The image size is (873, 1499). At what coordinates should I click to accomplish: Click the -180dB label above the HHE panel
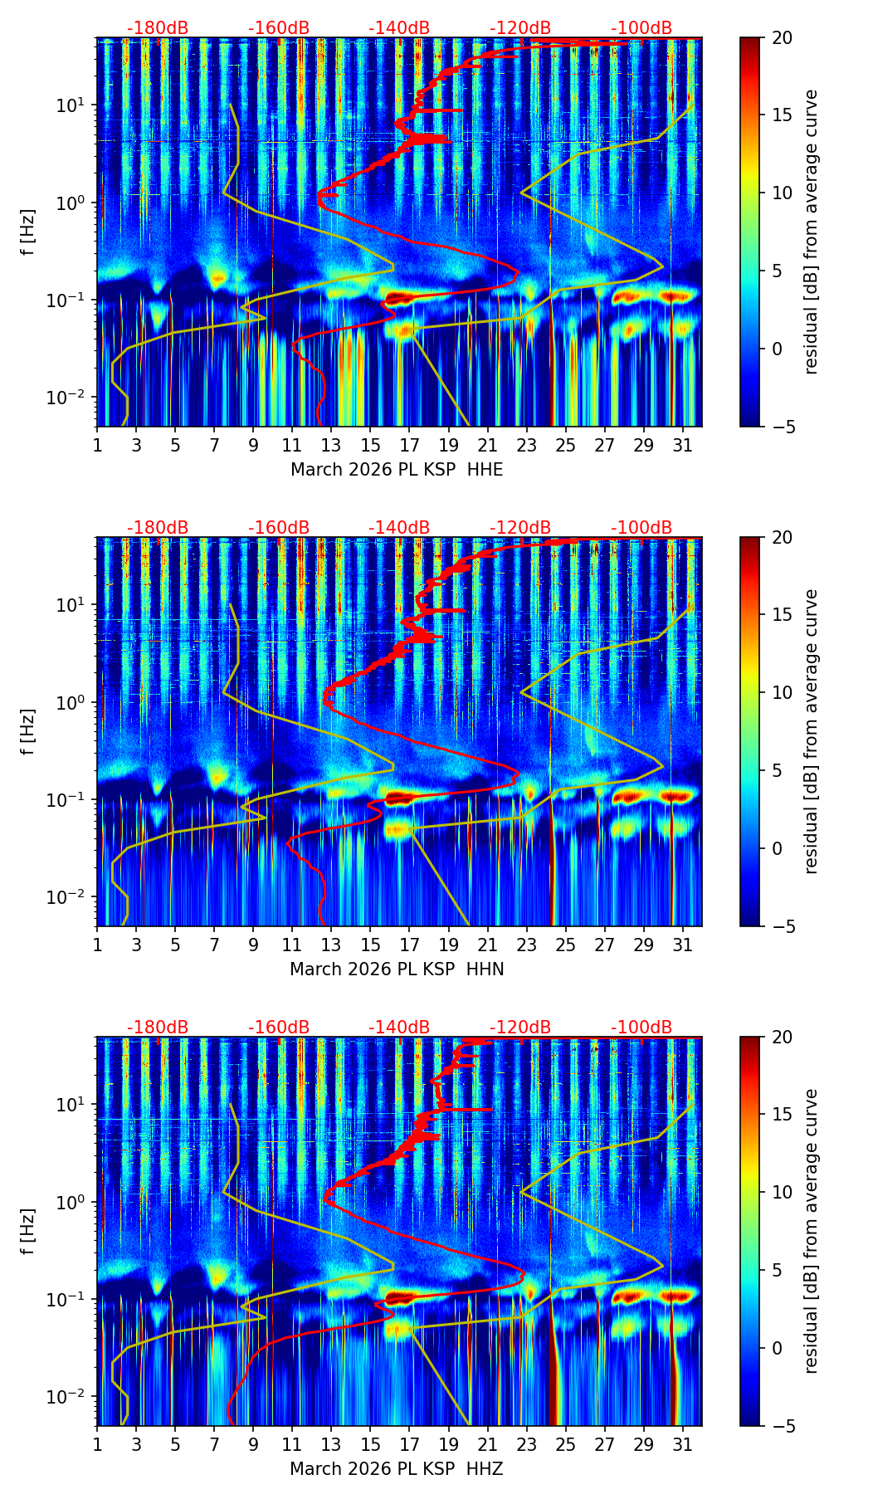(158, 28)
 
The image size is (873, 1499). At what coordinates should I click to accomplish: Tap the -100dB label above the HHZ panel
(641, 1028)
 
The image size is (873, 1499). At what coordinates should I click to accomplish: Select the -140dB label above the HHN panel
(399, 528)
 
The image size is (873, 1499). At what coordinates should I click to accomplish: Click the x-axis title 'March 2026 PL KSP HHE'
(397, 470)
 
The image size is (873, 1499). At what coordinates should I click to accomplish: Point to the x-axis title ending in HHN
(397, 969)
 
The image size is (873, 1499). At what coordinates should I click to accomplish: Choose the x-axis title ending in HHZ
(397, 1469)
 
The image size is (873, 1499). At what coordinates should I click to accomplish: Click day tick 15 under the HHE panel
(370, 445)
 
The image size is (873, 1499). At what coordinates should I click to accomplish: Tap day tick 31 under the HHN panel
(682, 945)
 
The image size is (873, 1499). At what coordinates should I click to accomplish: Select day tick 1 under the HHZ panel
(97, 1444)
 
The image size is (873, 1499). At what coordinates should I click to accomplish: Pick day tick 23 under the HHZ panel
(526, 1444)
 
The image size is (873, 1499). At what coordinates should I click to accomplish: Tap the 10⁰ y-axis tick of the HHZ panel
(73, 1202)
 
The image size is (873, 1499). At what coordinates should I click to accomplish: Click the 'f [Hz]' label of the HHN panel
(28, 731)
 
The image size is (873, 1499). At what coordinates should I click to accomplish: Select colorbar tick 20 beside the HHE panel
(782, 37)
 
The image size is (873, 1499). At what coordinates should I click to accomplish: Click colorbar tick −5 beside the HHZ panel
(782, 1426)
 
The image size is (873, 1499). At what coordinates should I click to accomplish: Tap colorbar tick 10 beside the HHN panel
(782, 692)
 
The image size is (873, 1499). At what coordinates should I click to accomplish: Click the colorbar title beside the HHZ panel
(811, 1231)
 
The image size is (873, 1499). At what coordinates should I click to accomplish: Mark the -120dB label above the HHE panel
(520, 28)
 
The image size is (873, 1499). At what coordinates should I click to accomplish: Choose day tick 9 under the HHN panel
(253, 945)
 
